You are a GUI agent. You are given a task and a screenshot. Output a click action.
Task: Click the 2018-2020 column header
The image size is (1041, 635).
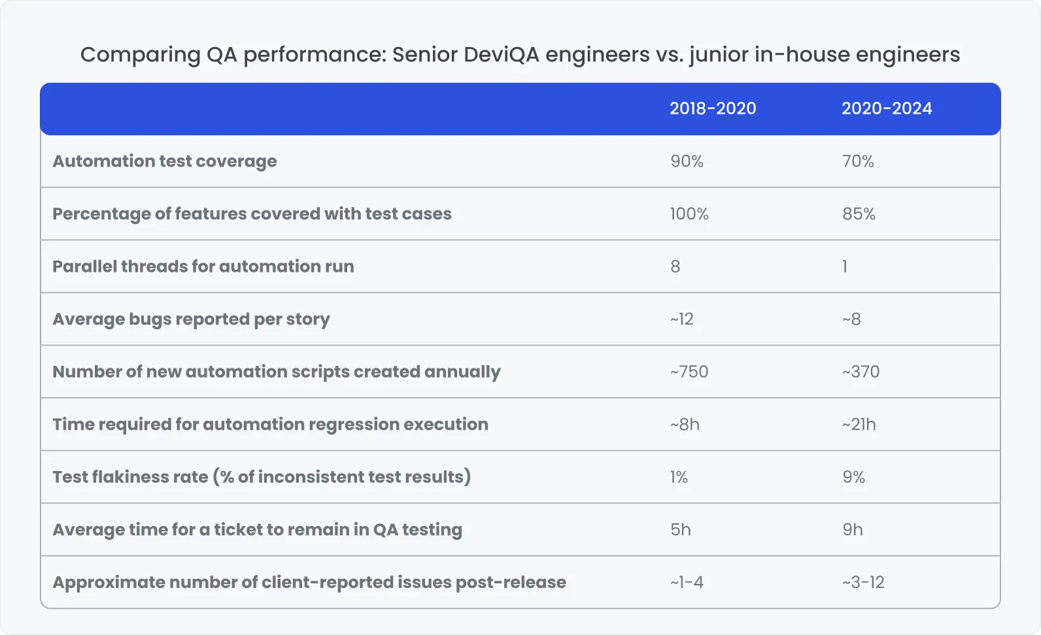(x=712, y=108)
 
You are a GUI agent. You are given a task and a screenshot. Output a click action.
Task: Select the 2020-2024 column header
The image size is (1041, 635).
(x=886, y=108)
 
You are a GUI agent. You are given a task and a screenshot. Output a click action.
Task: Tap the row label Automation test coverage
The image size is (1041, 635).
(x=164, y=161)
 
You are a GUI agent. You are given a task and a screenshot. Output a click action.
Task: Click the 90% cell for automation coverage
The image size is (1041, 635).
(x=687, y=161)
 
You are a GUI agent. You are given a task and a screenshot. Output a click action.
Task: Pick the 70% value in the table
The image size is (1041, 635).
(x=858, y=161)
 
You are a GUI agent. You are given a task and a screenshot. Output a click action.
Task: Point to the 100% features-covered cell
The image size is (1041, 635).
(x=689, y=214)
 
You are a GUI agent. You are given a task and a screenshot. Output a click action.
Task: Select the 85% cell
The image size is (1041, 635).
(x=859, y=214)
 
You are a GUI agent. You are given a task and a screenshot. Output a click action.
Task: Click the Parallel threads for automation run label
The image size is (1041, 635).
(x=203, y=267)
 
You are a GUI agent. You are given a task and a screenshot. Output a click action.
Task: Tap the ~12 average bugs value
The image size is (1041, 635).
(x=681, y=319)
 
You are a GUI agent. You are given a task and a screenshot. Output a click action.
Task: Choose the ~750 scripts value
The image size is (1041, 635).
(x=689, y=372)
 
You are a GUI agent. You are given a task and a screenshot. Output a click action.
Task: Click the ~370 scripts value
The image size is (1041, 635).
(x=861, y=372)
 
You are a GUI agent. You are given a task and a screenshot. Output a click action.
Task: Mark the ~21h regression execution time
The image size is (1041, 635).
(x=859, y=425)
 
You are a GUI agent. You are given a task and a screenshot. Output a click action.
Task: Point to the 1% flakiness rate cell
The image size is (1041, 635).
(x=679, y=478)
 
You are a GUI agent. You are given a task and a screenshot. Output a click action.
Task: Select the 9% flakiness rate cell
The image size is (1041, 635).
(x=853, y=478)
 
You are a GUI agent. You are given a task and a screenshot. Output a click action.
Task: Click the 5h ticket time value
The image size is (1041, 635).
(x=680, y=530)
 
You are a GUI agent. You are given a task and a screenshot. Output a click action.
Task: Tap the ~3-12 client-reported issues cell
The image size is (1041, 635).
(x=863, y=583)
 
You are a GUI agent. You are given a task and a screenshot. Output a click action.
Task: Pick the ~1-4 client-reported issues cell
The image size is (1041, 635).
(x=687, y=583)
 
